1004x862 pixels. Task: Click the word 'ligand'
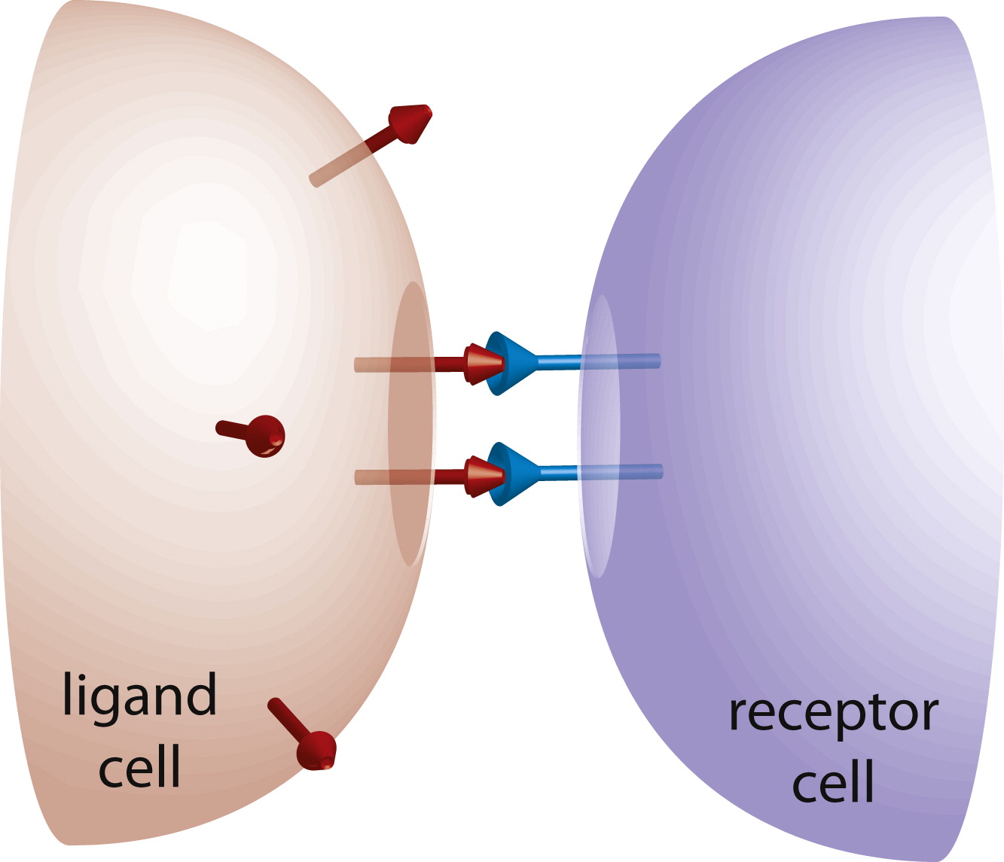tap(140, 697)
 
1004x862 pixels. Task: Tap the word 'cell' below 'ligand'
tap(140, 768)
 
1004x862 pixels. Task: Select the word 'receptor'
tap(833, 713)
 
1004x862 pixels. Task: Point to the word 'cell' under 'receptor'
tap(833, 783)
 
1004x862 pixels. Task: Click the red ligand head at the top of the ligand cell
tap(410, 123)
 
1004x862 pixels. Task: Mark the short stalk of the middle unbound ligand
tap(233, 429)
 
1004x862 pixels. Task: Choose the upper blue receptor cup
tap(508, 364)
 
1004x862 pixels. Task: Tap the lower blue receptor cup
tap(508, 474)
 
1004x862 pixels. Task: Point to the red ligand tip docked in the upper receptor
tap(482, 364)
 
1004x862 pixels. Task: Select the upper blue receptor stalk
tap(595, 362)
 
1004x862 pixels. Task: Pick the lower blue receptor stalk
tap(595, 472)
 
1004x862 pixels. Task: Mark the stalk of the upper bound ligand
tap(407, 365)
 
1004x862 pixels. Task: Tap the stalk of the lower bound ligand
tap(407, 477)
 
